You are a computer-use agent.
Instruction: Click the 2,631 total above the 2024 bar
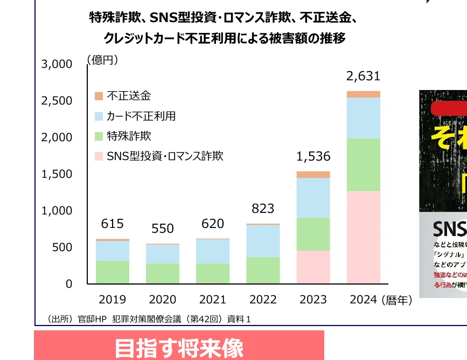pos(363,77)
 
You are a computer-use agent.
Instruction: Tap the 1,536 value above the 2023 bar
pos(313,157)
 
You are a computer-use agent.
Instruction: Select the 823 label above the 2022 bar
pos(263,209)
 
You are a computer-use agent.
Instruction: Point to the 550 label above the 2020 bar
pos(163,229)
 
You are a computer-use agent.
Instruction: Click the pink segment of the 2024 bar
pos(363,237)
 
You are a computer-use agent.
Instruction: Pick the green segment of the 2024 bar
pos(363,164)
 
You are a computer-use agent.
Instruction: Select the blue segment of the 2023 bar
pos(313,198)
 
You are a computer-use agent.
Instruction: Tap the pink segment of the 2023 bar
pos(313,267)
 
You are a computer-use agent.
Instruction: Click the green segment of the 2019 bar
pos(113,272)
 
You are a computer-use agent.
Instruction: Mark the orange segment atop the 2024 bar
pos(363,94)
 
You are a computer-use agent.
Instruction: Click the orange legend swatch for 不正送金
pos(99,96)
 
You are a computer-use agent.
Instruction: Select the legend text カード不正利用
pos(141,116)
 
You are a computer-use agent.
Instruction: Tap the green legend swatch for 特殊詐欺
pos(99,136)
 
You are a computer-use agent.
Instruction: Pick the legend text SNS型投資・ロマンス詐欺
pos(165,157)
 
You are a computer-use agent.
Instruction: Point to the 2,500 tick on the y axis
pos(57,101)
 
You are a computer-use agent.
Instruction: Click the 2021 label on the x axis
pos(213,300)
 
